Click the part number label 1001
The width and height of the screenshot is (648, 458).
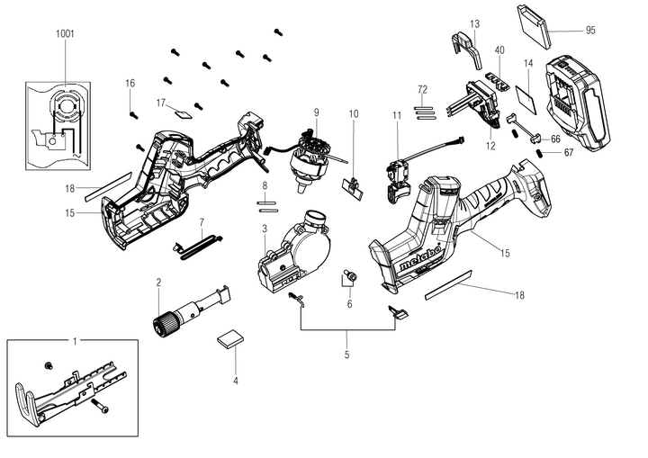tap(65, 33)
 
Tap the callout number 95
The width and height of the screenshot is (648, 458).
tap(589, 30)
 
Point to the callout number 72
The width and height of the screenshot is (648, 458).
tap(421, 91)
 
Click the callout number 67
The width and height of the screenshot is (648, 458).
tap(568, 153)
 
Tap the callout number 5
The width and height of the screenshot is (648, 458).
tap(346, 355)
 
